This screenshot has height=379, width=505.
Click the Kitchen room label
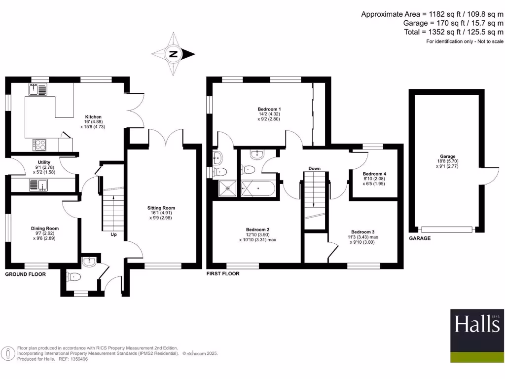point(93,117)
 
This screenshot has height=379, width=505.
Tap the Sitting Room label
point(162,208)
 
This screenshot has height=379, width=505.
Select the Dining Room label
point(45,228)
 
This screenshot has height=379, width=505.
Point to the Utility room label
point(44,162)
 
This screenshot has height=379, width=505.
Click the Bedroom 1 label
point(269,109)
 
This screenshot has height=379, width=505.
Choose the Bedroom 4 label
point(374,174)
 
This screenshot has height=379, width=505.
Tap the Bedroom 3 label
point(362,232)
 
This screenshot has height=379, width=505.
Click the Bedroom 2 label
point(257,229)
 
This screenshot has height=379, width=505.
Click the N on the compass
point(173,55)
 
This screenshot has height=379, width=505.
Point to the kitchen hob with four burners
point(40,145)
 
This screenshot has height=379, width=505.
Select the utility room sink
point(38,185)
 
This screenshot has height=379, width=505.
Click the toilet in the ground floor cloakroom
point(73,277)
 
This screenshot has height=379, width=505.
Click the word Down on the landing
point(314,169)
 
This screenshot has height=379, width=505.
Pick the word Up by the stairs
point(113,234)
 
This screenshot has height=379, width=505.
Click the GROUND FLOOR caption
point(25,274)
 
